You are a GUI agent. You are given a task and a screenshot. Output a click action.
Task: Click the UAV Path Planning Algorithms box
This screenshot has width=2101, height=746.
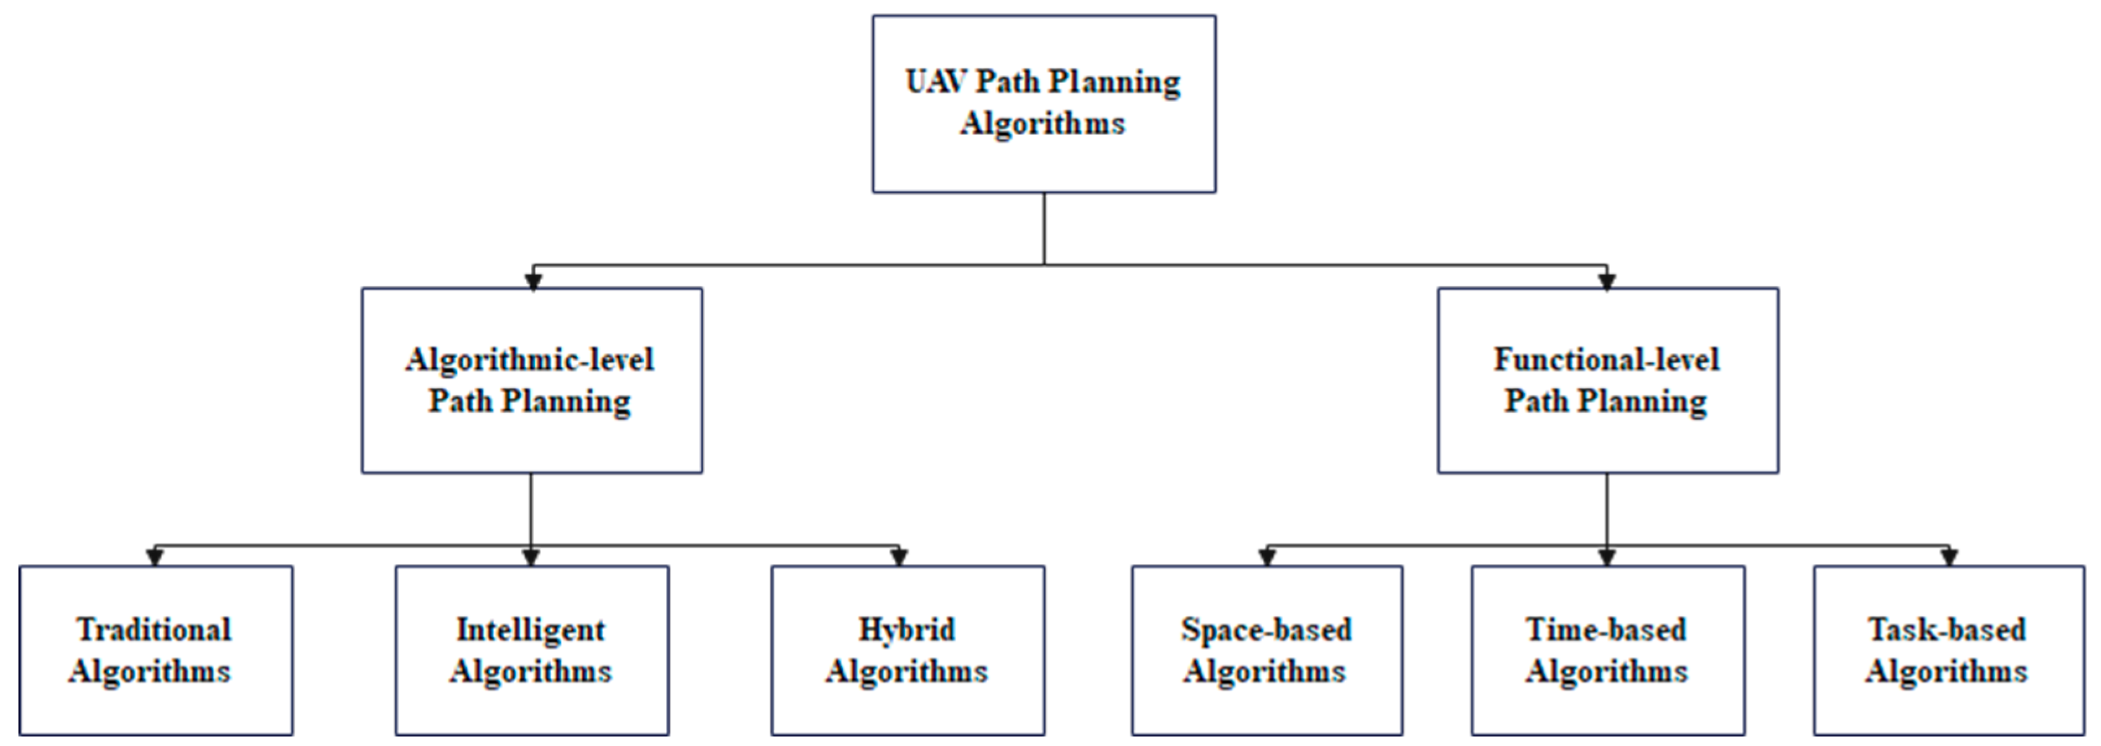(1043, 103)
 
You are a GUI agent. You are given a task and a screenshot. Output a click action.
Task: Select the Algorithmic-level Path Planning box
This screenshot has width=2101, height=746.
(532, 380)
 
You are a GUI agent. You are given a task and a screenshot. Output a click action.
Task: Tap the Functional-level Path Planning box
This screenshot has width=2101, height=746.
(1607, 380)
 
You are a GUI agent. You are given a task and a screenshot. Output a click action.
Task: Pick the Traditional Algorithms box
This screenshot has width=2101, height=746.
(156, 650)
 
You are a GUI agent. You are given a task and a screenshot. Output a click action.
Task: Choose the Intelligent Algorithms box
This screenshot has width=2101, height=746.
(532, 650)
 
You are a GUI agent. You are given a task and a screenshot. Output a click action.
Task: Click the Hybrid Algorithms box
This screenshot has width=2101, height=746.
(907, 650)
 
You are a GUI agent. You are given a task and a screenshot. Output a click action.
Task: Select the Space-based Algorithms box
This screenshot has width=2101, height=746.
(1267, 650)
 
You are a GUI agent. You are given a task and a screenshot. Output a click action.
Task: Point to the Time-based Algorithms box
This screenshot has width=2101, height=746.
(1607, 650)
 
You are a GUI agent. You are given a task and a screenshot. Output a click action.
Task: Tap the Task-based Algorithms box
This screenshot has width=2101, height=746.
(1947, 650)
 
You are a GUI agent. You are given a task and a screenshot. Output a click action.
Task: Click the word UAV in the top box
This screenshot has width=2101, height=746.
(937, 82)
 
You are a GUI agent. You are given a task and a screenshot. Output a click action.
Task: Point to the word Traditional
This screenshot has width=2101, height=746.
(154, 630)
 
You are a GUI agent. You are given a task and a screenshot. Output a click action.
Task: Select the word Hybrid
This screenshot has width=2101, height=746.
(906, 630)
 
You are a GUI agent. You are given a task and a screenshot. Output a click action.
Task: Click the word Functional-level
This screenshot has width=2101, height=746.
(1606, 359)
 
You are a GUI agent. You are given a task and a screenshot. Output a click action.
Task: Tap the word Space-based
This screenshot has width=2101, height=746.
(1266, 630)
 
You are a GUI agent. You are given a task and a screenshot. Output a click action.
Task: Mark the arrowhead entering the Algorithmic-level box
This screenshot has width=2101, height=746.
(532, 281)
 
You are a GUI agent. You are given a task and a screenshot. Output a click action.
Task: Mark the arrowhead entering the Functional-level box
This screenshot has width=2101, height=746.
(1607, 281)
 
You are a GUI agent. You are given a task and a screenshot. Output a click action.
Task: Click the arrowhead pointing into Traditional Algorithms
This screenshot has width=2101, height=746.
(155, 558)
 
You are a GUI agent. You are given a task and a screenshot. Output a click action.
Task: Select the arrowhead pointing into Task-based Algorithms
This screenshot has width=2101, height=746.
(1949, 558)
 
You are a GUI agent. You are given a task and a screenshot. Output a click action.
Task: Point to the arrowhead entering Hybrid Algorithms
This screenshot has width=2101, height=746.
(899, 558)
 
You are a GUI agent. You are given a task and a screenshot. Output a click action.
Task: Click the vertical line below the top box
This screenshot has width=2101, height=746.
(1044, 229)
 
